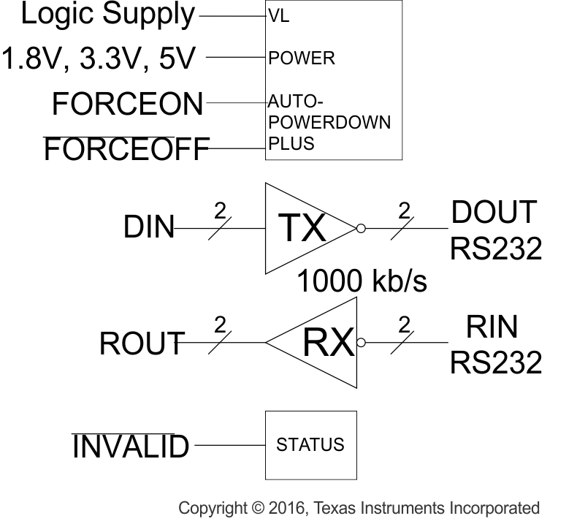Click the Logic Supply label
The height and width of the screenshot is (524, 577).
pyautogui.click(x=108, y=15)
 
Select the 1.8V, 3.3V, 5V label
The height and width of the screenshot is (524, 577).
pyautogui.click(x=99, y=58)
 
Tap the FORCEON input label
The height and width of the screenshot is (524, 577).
pyautogui.click(x=128, y=105)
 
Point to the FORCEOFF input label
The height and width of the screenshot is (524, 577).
pyautogui.click(x=126, y=150)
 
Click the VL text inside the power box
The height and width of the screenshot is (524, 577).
pyautogui.click(x=279, y=16)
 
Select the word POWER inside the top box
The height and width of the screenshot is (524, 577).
pyautogui.click(x=302, y=58)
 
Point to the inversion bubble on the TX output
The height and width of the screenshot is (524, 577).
pyautogui.click(x=360, y=229)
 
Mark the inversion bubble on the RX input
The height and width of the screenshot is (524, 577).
pyautogui.click(x=360, y=342)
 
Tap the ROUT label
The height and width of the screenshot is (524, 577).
pyautogui.click(x=142, y=343)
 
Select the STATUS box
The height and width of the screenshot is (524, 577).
pyautogui.click(x=310, y=444)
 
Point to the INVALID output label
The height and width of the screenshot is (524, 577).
pyautogui.click(x=130, y=446)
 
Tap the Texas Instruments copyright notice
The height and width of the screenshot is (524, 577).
pyautogui.click(x=359, y=508)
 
